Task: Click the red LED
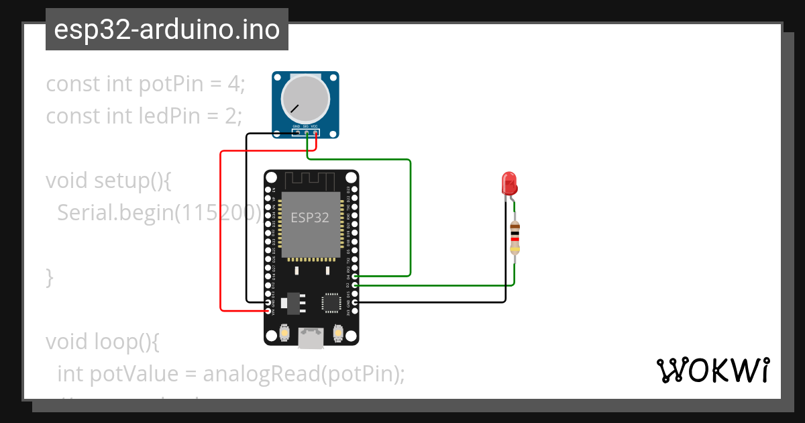(509, 183)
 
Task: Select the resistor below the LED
(515, 238)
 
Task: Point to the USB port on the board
(311, 338)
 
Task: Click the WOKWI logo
(712, 370)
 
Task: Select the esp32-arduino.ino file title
(166, 30)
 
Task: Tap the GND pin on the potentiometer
(296, 132)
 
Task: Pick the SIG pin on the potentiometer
(306, 132)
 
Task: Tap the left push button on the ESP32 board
(285, 333)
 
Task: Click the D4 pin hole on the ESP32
(354, 276)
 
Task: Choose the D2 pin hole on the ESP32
(354, 285)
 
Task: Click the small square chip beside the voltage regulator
(331, 302)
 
